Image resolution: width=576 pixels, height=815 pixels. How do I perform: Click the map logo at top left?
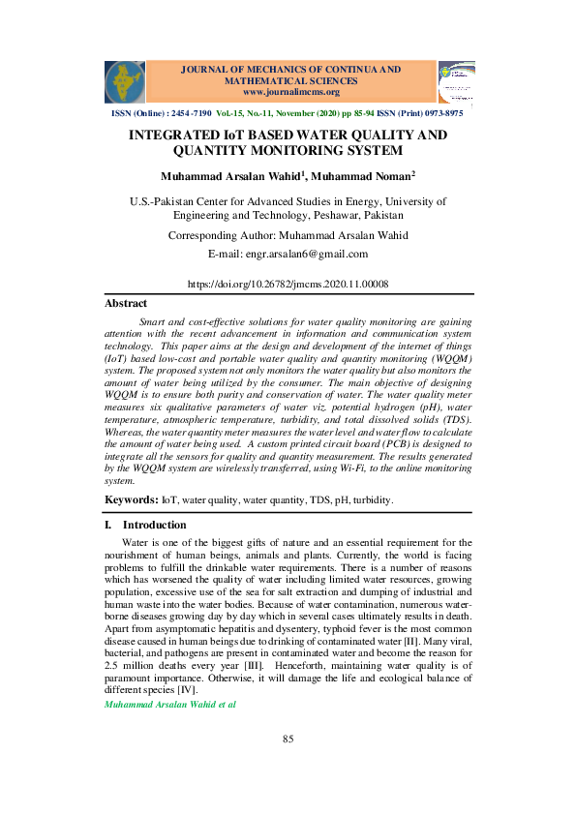[124, 81]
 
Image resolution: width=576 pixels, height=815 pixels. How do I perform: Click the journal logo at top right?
[456, 82]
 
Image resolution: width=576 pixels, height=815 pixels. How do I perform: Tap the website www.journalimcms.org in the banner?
[288, 92]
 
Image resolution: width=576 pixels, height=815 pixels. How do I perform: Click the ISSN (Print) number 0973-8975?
[441, 113]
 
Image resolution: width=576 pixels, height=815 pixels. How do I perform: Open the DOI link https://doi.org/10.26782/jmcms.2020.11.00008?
[288, 285]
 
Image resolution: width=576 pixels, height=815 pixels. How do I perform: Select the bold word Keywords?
[131, 499]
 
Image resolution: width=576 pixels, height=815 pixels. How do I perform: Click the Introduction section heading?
[154, 526]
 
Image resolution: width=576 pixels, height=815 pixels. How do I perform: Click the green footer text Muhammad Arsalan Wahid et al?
[169, 705]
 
